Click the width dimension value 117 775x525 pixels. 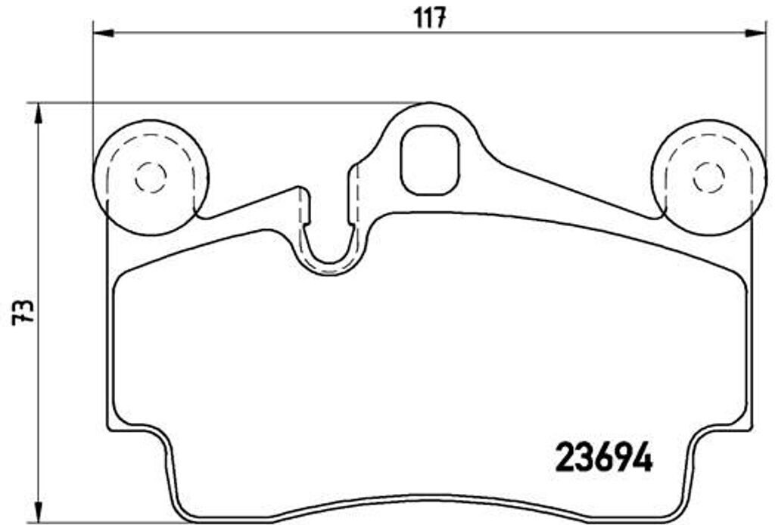[428, 16]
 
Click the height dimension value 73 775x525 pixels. [23, 311]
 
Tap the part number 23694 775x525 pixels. [604, 457]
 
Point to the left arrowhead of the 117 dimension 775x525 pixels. [101, 33]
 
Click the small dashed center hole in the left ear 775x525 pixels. [150, 177]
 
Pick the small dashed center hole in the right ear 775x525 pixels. [709, 177]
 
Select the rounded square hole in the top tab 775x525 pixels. [429, 159]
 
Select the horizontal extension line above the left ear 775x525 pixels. [227, 103]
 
